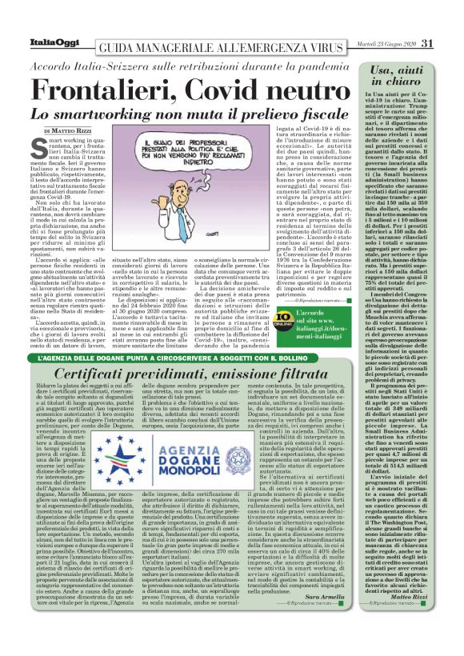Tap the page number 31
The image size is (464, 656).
point(427,43)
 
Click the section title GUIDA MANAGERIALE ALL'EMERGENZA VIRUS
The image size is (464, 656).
point(212,44)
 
